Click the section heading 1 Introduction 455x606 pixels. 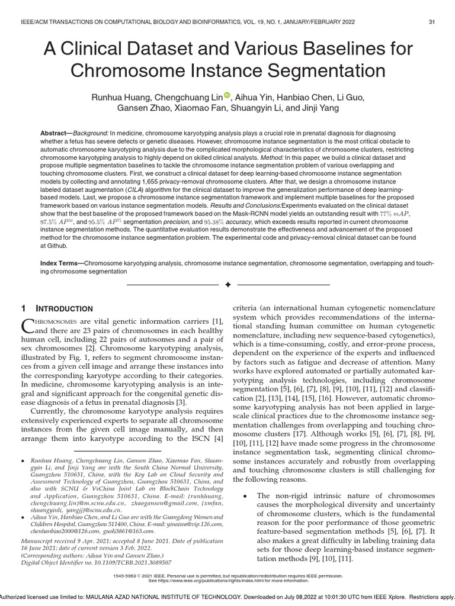pyautogui.click(x=57, y=308)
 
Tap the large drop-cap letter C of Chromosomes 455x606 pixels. pyautogui.click(x=28, y=325)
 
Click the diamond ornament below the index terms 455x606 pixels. pyautogui.click(x=227, y=285)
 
